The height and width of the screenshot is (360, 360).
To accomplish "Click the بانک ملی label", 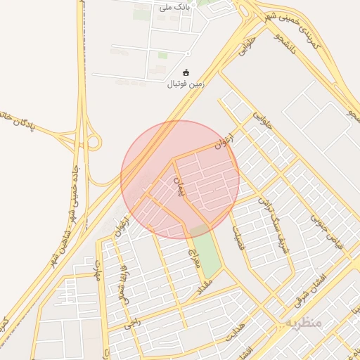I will coord(174,8).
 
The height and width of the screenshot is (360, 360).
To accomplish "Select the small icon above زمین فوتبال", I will coord(186,72).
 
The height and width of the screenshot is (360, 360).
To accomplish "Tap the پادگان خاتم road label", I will coord(17,121).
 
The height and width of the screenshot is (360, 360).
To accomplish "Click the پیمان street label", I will coord(178,184).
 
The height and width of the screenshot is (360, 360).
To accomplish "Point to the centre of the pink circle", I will coord(180,179).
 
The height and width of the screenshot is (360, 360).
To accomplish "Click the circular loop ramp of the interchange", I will coord(94,143).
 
